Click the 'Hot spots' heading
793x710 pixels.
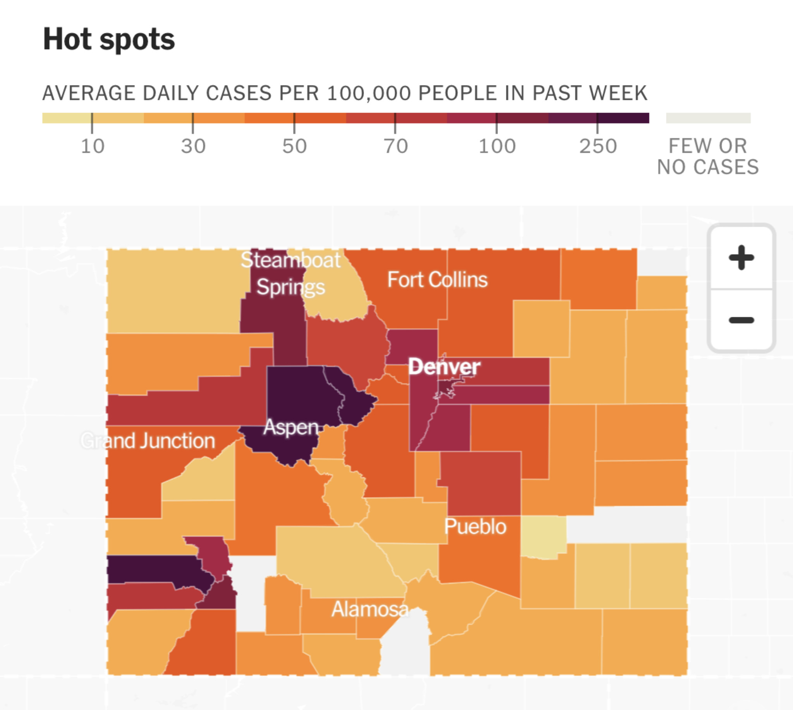pos(109,40)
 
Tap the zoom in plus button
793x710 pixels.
pos(741,257)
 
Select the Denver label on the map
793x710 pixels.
pos(445,367)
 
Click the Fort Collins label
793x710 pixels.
pos(437,280)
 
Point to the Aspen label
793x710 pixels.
pos(291,428)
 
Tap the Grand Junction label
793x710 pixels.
pos(148,441)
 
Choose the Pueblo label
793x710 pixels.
pos(475,527)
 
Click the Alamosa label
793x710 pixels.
pos(370,609)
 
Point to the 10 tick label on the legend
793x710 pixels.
pos(93,146)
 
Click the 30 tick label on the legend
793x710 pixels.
pos(193,146)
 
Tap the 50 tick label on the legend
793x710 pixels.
pos(294,146)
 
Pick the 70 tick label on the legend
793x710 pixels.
pos(395,146)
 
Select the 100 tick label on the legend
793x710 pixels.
pos(497,146)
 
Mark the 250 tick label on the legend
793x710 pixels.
pos(598,146)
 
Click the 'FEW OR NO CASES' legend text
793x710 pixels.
pos(708,156)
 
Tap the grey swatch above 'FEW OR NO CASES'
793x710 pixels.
pos(708,118)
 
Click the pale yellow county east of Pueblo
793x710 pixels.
pos(544,537)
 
